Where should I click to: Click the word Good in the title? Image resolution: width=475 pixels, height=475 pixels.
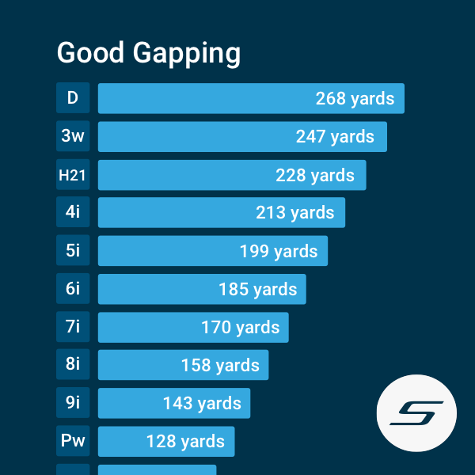coord(90,53)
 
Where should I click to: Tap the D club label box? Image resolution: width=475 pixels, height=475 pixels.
coord(73,98)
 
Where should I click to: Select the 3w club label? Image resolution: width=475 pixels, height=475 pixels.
coord(73,136)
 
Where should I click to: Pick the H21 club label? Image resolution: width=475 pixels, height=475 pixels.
coord(73,175)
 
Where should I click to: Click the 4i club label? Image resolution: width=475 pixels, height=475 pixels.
coord(73,213)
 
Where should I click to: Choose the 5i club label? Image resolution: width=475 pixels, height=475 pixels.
coord(73,251)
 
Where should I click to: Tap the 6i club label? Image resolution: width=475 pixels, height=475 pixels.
coord(73,289)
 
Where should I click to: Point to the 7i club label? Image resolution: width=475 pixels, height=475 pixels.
coord(73,327)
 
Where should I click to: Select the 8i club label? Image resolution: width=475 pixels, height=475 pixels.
coord(73,365)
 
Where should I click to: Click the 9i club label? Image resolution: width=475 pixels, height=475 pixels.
coord(73,403)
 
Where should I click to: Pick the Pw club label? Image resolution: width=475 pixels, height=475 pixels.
coord(73,441)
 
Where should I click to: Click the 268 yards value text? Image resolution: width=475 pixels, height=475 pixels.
coord(355,99)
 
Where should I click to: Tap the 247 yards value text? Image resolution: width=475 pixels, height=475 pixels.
coord(335,137)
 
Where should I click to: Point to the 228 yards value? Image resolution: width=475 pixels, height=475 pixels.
coord(315,175)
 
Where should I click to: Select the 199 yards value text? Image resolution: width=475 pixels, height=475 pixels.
coord(279,252)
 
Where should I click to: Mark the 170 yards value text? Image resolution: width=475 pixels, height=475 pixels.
coord(240,328)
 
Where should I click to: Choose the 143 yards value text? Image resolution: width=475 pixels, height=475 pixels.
coord(202,404)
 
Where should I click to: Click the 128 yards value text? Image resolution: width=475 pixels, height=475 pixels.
coord(185,442)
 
